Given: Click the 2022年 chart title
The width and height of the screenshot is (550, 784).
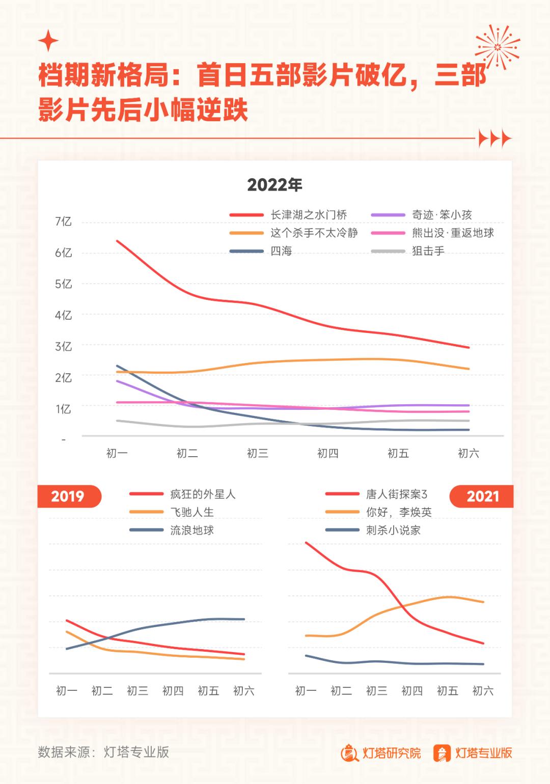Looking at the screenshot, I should [274, 184].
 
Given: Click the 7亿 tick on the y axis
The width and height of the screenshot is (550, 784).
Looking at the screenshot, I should [63, 221].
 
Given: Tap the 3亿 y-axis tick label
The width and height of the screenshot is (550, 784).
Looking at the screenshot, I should [63, 347].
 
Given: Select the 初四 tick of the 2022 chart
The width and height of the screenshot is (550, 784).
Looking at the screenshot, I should [327, 453].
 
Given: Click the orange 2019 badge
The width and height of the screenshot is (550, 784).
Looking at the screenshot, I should [68, 496].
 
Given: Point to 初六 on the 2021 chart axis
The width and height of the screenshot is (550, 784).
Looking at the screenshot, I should [483, 691].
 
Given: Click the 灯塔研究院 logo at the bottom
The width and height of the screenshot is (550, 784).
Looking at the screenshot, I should [381, 753].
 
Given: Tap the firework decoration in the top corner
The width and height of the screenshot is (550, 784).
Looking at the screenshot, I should [497, 47].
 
